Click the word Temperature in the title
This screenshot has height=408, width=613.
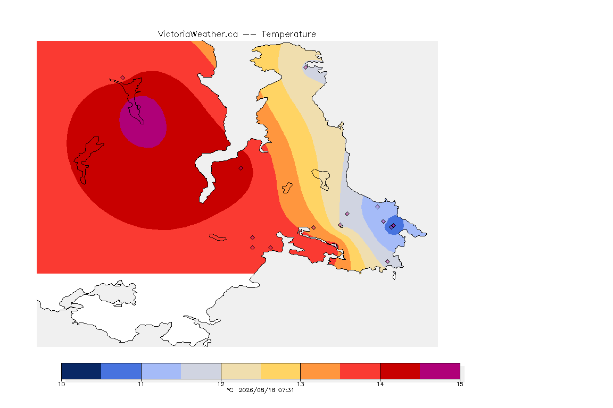click(x=288, y=35)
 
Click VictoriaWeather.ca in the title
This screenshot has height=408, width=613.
click(x=198, y=35)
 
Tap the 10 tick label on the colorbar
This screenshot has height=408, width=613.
click(x=61, y=384)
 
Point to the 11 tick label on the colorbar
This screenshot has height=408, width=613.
click(x=141, y=384)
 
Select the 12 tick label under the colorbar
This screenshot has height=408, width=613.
click(x=221, y=384)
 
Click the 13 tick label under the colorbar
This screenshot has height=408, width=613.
click(x=300, y=384)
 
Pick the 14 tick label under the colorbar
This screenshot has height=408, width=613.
click(x=380, y=384)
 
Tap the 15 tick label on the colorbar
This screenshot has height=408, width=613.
click(x=460, y=384)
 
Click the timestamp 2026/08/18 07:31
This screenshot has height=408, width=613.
click(x=266, y=390)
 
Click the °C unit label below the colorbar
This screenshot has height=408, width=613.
click(x=230, y=390)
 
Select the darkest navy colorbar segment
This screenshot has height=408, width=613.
click(x=81, y=371)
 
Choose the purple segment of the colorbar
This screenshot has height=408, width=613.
click(x=440, y=371)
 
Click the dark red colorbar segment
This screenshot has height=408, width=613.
click(x=400, y=371)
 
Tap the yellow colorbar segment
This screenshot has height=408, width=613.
click(x=280, y=371)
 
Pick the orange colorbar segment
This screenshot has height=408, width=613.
click(x=320, y=371)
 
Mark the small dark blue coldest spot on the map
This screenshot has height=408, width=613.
click(x=394, y=226)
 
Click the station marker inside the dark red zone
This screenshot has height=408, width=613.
click(x=241, y=168)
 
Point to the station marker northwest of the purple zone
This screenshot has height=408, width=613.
click(x=123, y=78)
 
